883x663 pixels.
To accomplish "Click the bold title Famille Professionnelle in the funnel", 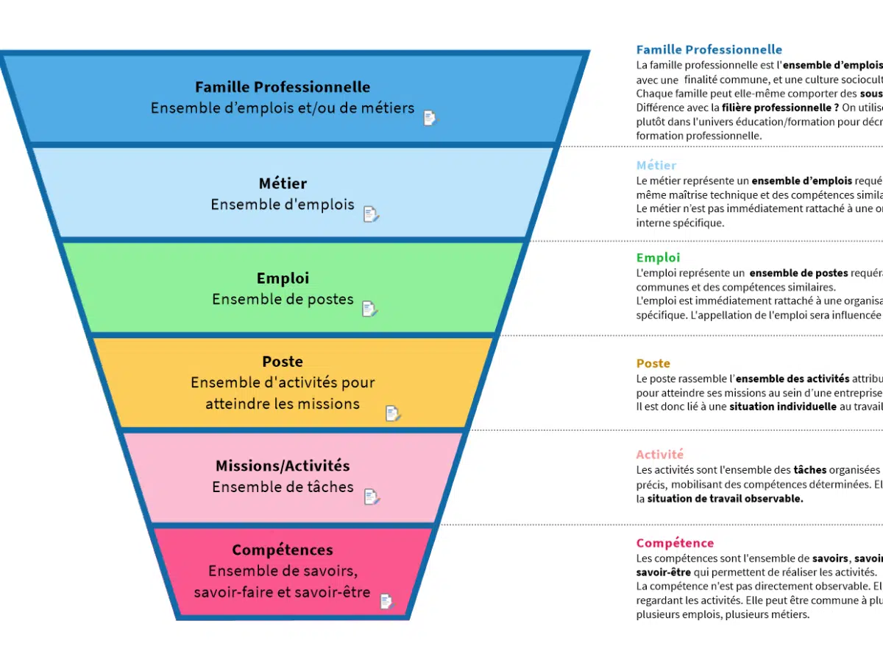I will click(283, 88).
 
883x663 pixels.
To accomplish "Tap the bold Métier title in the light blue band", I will click(283, 183).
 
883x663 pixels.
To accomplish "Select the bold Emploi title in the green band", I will click(283, 278).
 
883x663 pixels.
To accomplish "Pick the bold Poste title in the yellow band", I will click(283, 362).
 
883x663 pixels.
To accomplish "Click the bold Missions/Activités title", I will click(283, 466).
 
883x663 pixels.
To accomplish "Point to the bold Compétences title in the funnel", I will click(283, 550).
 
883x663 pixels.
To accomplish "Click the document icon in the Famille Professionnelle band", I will click(430, 118).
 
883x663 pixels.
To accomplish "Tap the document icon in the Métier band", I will click(371, 214).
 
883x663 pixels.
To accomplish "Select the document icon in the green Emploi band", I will click(369, 309).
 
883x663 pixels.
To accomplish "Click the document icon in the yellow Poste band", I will click(393, 413).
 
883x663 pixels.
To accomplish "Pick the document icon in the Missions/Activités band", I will click(372, 497).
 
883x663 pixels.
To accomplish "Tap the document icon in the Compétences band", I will click(386, 602).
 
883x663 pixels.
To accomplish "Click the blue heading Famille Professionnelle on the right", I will click(709, 50).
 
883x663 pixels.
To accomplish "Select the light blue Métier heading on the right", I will click(656, 166).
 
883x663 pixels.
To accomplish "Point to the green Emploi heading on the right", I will click(658, 258).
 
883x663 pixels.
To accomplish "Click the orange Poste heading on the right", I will click(653, 363).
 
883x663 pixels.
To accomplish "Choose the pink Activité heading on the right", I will click(659, 455).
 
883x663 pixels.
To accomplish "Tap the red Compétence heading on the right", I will click(675, 543).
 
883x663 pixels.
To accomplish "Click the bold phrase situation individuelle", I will click(783, 407).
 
